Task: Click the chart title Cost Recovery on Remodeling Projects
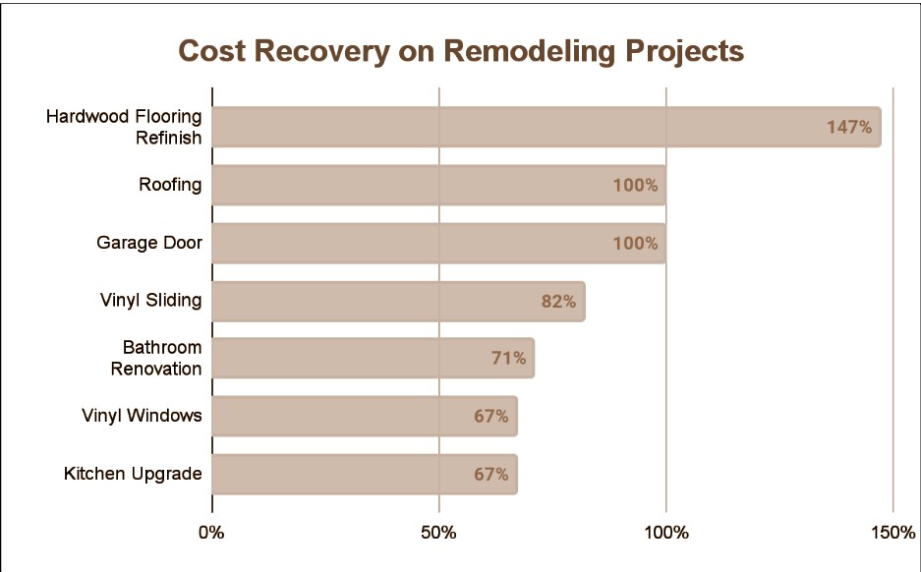click(x=460, y=51)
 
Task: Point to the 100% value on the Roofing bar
click(x=635, y=185)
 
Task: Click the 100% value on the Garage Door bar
click(x=635, y=243)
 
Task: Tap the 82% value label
click(x=558, y=301)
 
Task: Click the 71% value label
click(x=508, y=358)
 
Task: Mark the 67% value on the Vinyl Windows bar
click(x=490, y=416)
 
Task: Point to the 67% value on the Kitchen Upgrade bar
click(x=490, y=474)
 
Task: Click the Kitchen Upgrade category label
click(x=133, y=474)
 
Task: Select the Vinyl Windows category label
click(x=142, y=416)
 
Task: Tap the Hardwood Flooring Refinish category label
click(x=124, y=127)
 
